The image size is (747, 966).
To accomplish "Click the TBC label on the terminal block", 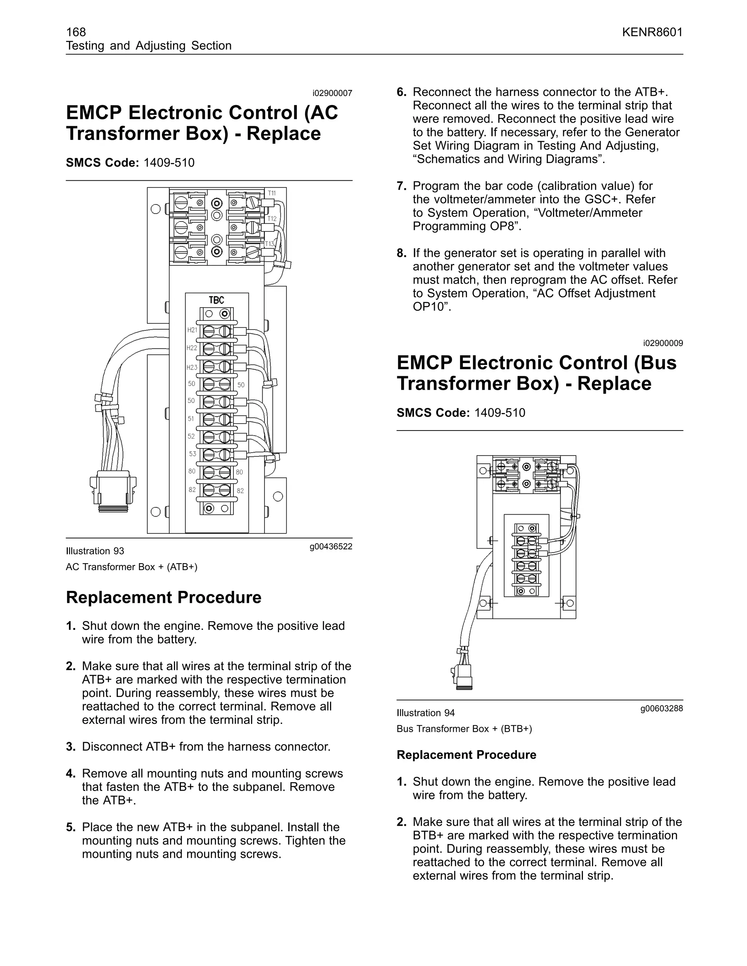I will click(x=216, y=300).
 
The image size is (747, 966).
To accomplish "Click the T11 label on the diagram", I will click(x=272, y=193).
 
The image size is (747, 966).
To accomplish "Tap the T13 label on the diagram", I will click(x=270, y=244).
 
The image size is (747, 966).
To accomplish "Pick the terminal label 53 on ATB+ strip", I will click(x=192, y=454).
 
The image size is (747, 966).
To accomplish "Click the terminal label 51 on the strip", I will click(x=191, y=418).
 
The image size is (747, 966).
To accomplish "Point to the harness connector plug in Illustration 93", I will click(x=113, y=491).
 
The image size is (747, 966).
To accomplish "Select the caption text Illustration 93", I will click(x=95, y=551).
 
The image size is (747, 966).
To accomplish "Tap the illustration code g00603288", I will click(x=661, y=709).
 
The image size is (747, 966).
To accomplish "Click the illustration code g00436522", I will click(x=330, y=547).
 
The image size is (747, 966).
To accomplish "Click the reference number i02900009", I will click(x=663, y=343).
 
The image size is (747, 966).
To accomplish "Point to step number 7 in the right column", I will click(x=401, y=186).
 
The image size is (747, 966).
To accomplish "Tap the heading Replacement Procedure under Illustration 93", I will click(x=164, y=597).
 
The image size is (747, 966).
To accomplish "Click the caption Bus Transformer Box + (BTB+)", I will click(x=464, y=729).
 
